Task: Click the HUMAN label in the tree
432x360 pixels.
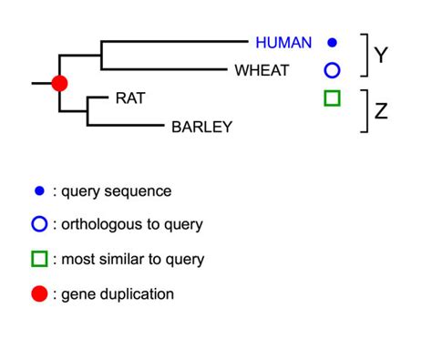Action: point(283,42)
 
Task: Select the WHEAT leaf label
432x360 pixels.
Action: point(262,69)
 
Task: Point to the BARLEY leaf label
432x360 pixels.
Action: point(201,127)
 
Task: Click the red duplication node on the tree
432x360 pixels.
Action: point(59,83)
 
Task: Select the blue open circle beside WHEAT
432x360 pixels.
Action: point(332,69)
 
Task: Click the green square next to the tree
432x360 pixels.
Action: point(332,98)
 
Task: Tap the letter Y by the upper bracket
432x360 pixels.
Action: point(382,55)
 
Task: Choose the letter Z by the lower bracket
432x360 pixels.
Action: point(382,111)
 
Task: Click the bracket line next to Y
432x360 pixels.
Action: point(366,55)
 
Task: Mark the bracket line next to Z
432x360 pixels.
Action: point(366,111)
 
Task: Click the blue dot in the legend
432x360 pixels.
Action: point(38,190)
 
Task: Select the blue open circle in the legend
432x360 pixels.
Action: point(38,224)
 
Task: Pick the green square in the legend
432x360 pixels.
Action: point(38,259)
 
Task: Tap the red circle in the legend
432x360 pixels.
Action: point(38,293)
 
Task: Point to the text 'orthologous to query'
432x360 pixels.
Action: point(132,224)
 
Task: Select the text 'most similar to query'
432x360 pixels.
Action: point(133,259)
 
